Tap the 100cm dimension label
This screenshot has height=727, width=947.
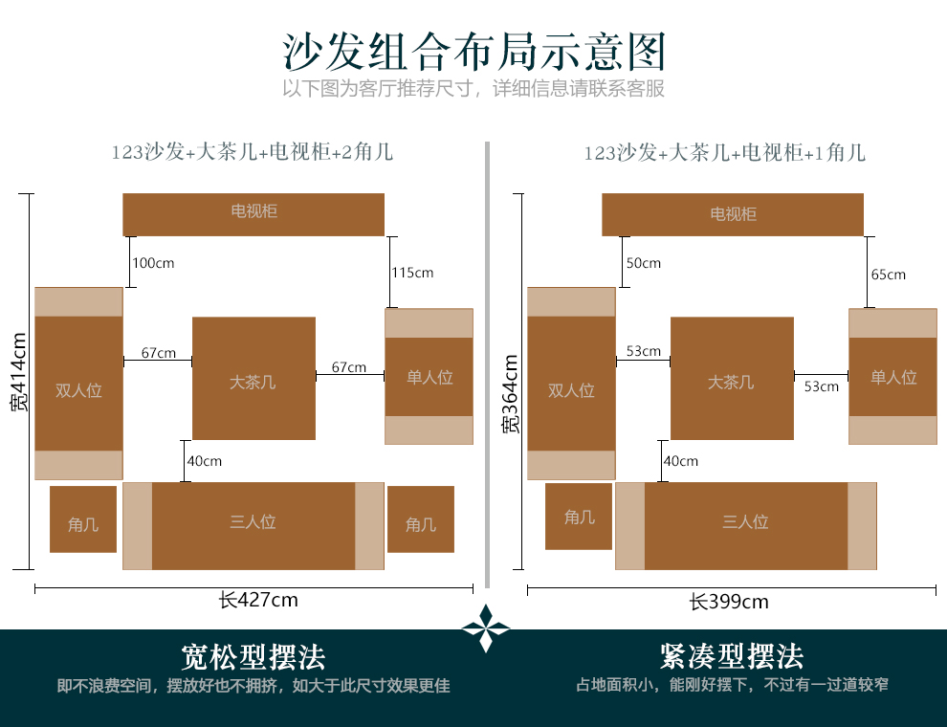pyautogui.click(x=153, y=262)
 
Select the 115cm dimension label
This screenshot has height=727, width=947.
pyautogui.click(x=412, y=273)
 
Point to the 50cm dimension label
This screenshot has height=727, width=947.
pyautogui.click(x=644, y=262)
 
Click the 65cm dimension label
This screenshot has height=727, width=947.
pyautogui.click(x=888, y=275)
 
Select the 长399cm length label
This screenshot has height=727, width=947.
pyautogui.click(x=729, y=602)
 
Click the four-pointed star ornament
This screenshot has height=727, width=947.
pyautogui.click(x=486, y=628)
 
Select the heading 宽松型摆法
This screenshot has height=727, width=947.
pyautogui.click(x=253, y=657)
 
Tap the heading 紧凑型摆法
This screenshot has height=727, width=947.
pyautogui.click(x=732, y=657)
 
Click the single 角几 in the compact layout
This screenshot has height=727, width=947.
pyautogui.click(x=579, y=517)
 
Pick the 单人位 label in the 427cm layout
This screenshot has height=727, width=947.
pyautogui.click(x=429, y=377)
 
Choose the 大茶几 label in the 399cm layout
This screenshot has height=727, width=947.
pyautogui.click(x=731, y=383)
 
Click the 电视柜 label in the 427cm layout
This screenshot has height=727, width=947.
pyautogui.click(x=253, y=210)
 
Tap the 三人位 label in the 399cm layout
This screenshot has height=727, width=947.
pyautogui.click(x=745, y=522)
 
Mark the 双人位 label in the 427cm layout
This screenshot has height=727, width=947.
pyautogui.click(x=78, y=390)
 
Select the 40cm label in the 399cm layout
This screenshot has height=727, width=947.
pyautogui.click(x=681, y=461)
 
